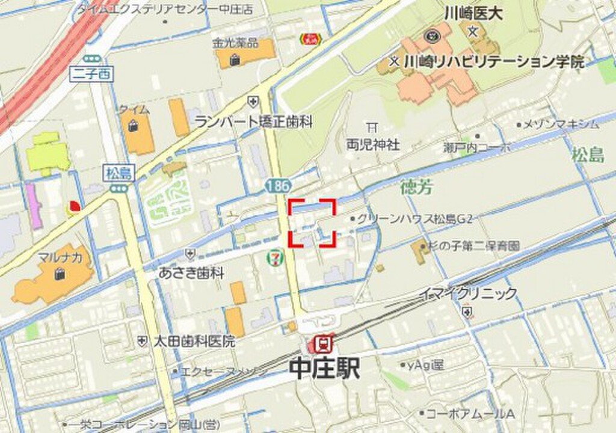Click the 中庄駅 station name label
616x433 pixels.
coord(325,369)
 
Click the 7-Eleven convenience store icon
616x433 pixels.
coord(274,258)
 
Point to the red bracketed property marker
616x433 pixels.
coord(312,223)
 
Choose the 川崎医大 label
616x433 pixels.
coord(481,13)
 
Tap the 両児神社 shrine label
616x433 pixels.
coord(373,144)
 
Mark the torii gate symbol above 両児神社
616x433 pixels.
coord(372,127)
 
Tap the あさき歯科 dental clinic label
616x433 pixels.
coord(191,273)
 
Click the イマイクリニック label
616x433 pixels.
coord(469,294)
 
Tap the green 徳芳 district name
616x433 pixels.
coord(416,188)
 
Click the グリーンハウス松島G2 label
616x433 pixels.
coord(415,218)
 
